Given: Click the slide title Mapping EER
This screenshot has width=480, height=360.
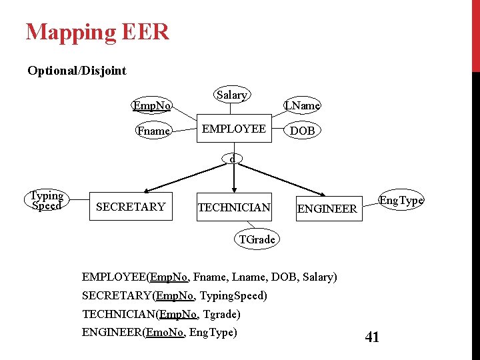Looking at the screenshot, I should tap(97, 31).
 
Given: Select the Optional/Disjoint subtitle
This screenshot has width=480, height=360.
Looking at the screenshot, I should tap(77, 71).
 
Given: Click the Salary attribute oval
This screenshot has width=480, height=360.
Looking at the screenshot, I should tap(231, 95).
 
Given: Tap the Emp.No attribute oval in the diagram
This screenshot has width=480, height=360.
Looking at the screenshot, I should tap(152, 105).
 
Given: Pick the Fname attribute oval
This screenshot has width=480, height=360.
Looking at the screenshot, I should tap(153, 131).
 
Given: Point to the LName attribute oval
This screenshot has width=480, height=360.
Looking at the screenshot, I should tap(302, 105).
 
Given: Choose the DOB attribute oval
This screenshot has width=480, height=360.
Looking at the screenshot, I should tap(302, 131).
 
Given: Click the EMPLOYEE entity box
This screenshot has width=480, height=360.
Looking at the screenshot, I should tap(233, 129).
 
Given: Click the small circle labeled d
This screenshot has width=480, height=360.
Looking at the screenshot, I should tap(231, 159).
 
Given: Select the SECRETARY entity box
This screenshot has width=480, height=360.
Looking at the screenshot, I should tap(131, 207).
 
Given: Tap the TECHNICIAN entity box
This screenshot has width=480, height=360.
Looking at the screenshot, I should tap(234, 208).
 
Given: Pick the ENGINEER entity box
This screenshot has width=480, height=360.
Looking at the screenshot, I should tap(327, 209).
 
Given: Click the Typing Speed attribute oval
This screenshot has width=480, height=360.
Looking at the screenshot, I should tap(46, 201).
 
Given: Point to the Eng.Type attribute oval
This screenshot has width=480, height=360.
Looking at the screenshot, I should tap(401, 200).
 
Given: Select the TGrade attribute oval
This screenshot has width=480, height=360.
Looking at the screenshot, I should tap(257, 239).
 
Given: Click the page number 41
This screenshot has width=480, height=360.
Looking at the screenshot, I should tap(372, 337).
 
